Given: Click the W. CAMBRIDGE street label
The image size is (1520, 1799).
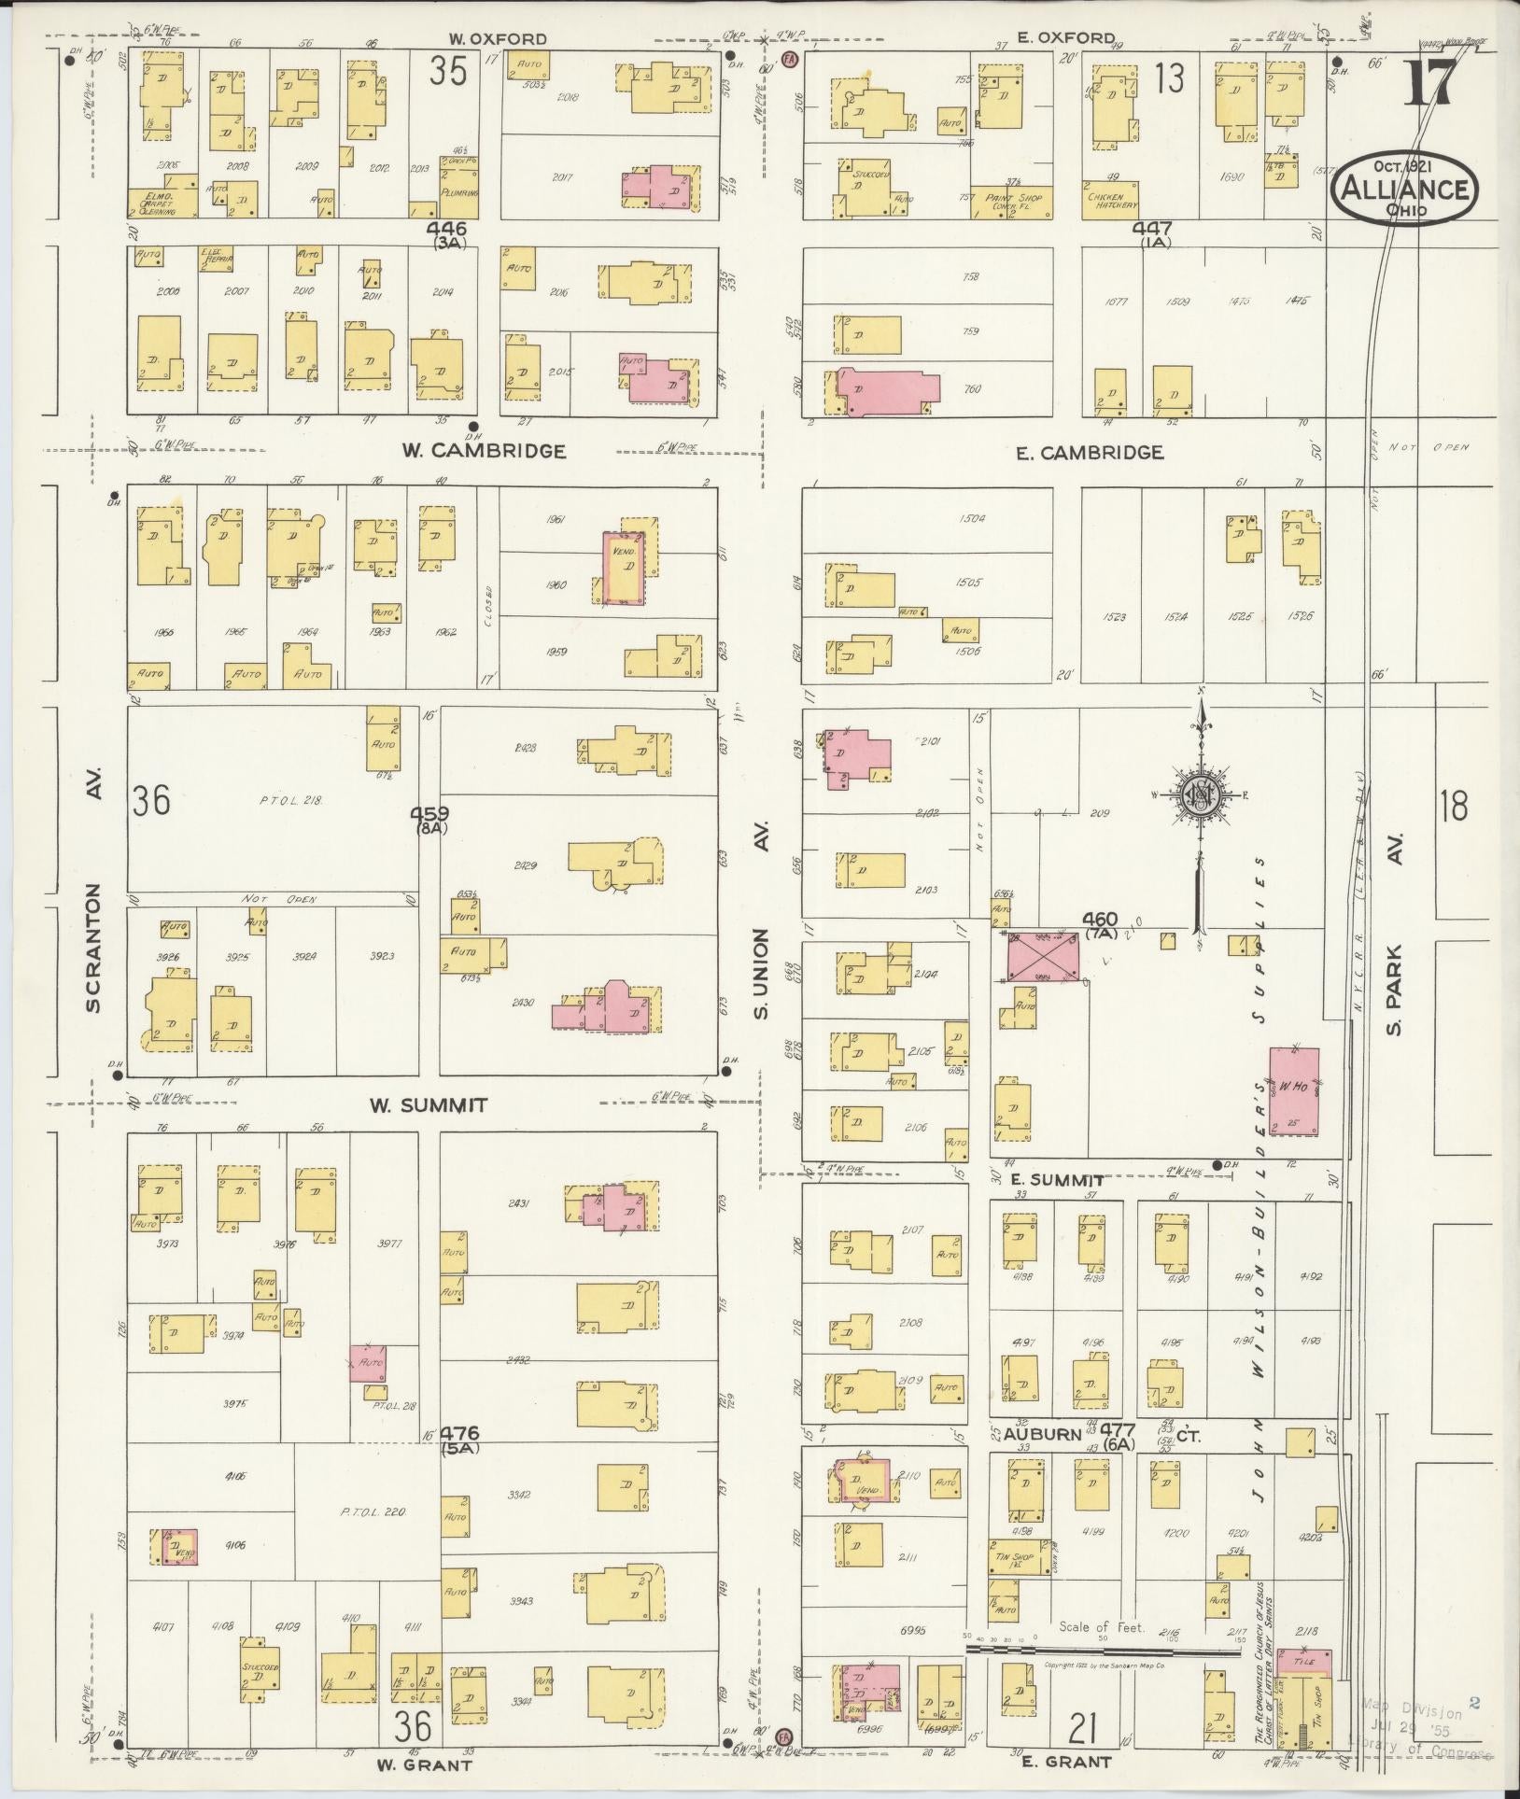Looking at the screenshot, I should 484,451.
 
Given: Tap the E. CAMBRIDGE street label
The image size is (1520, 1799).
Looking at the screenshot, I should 1090,453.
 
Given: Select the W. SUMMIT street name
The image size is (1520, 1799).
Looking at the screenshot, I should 429,1105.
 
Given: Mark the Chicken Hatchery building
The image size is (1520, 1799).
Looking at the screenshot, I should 1110,201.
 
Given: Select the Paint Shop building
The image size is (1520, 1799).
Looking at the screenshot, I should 1011,201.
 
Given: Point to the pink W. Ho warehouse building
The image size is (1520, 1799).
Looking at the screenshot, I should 1293,1090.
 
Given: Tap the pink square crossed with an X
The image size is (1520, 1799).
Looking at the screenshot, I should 1042,957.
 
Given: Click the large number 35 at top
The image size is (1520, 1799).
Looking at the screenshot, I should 447,71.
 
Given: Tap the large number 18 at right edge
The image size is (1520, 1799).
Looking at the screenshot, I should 1454,805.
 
